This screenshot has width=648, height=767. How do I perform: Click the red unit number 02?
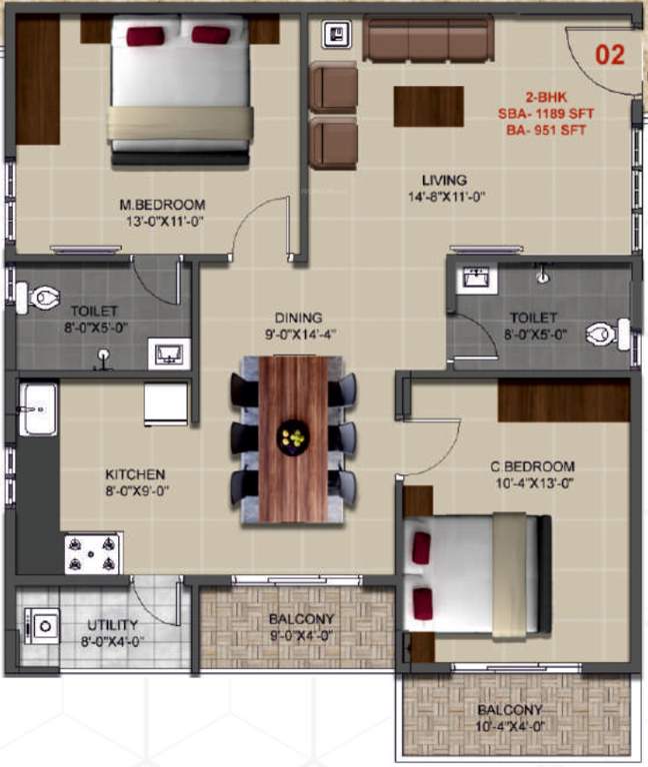(x=610, y=55)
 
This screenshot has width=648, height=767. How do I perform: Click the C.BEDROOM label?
(x=532, y=466)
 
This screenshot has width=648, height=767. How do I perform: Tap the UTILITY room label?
(x=112, y=625)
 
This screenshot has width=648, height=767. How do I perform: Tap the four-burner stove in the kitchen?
(x=93, y=552)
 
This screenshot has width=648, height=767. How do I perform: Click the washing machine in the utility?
(x=43, y=626)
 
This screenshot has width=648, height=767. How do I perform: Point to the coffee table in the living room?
(x=428, y=106)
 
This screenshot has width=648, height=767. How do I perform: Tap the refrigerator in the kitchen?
(x=165, y=403)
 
